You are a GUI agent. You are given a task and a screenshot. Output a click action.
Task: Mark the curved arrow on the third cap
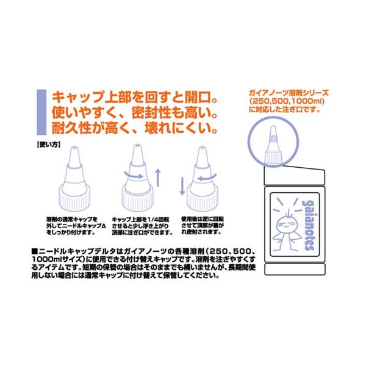(204, 177)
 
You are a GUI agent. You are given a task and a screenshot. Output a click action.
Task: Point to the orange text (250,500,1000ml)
(289, 102)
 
